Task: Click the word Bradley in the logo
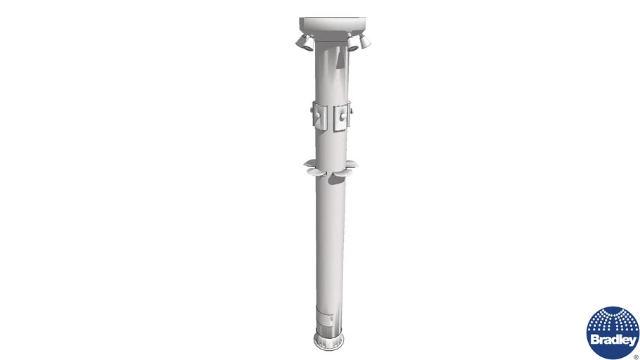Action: pos(613,340)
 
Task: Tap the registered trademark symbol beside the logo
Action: pos(636,356)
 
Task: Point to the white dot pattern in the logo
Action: pos(613,321)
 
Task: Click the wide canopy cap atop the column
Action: pos(332,29)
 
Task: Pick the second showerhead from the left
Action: pos(309,44)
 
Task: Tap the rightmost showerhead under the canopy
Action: pos(364,40)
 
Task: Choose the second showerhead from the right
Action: pos(352,44)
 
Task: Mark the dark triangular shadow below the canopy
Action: pos(340,58)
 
